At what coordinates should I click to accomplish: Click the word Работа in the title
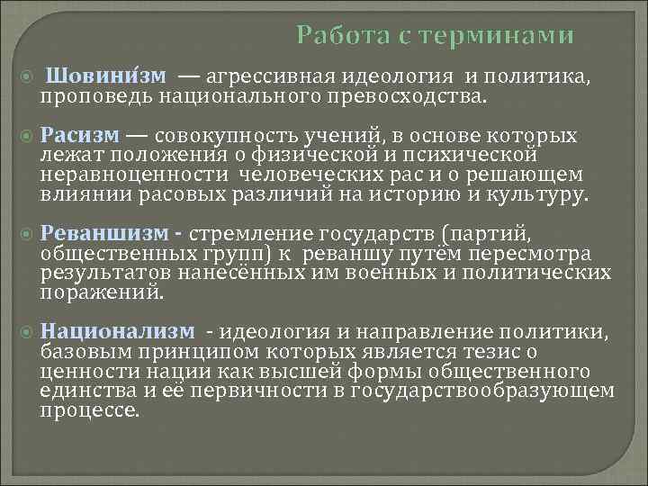pos(337,35)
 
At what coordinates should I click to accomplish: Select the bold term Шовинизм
pos(100,76)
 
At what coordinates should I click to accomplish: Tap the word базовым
pos(85,351)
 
